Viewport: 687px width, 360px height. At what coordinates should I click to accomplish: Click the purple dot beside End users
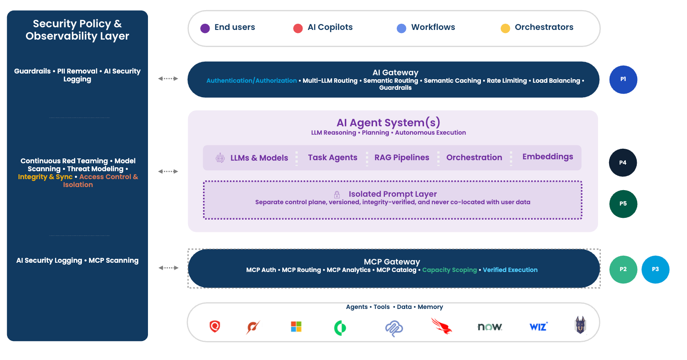(205, 28)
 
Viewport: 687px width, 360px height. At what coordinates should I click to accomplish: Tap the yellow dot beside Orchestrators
(505, 28)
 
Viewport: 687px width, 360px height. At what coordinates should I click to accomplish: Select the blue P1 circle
(623, 80)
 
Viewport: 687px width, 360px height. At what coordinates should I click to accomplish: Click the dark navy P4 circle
(623, 163)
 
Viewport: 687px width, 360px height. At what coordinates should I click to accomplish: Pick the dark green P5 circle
(623, 204)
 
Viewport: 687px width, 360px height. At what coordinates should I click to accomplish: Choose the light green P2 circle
(623, 269)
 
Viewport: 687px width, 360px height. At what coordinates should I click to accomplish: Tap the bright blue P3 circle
(655, 269)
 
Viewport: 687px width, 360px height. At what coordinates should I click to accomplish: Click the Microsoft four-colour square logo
(296, 327)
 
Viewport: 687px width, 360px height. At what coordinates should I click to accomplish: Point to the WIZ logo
(538, 327)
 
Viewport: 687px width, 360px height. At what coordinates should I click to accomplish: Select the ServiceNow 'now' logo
(490, 327)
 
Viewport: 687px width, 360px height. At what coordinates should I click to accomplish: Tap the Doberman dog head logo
(580, 326)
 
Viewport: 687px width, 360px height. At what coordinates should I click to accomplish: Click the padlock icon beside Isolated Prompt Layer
(337, 195)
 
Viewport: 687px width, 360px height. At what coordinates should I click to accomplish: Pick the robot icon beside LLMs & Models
(220, 158)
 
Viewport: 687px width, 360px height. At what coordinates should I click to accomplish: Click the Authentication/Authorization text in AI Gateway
(251, 81)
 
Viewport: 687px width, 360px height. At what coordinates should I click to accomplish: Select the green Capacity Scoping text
(449, 270)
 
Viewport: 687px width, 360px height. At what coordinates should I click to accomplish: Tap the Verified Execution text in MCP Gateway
(510, 270)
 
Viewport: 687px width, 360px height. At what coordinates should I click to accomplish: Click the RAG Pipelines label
(402, 158)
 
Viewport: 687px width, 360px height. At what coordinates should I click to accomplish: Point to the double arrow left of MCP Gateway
(168, 268)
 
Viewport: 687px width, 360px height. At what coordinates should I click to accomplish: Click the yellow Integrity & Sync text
(45, 177)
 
